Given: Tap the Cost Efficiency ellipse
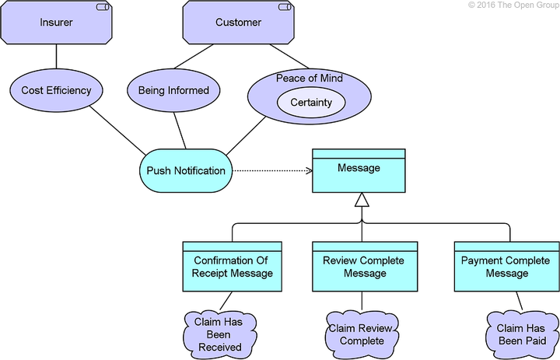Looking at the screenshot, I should tap(56, 90).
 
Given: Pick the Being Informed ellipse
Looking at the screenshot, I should tap(173, 90).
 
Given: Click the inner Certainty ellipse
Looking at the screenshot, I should tap(311, 103).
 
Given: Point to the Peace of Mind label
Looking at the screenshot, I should tap(310, 79).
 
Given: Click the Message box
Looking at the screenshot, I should tap(359, 174).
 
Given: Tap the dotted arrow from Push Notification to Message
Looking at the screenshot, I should tap(272, 170).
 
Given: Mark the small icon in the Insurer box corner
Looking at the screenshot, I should tap(102, 7).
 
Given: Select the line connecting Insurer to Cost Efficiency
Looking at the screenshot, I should tap(56, 57).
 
